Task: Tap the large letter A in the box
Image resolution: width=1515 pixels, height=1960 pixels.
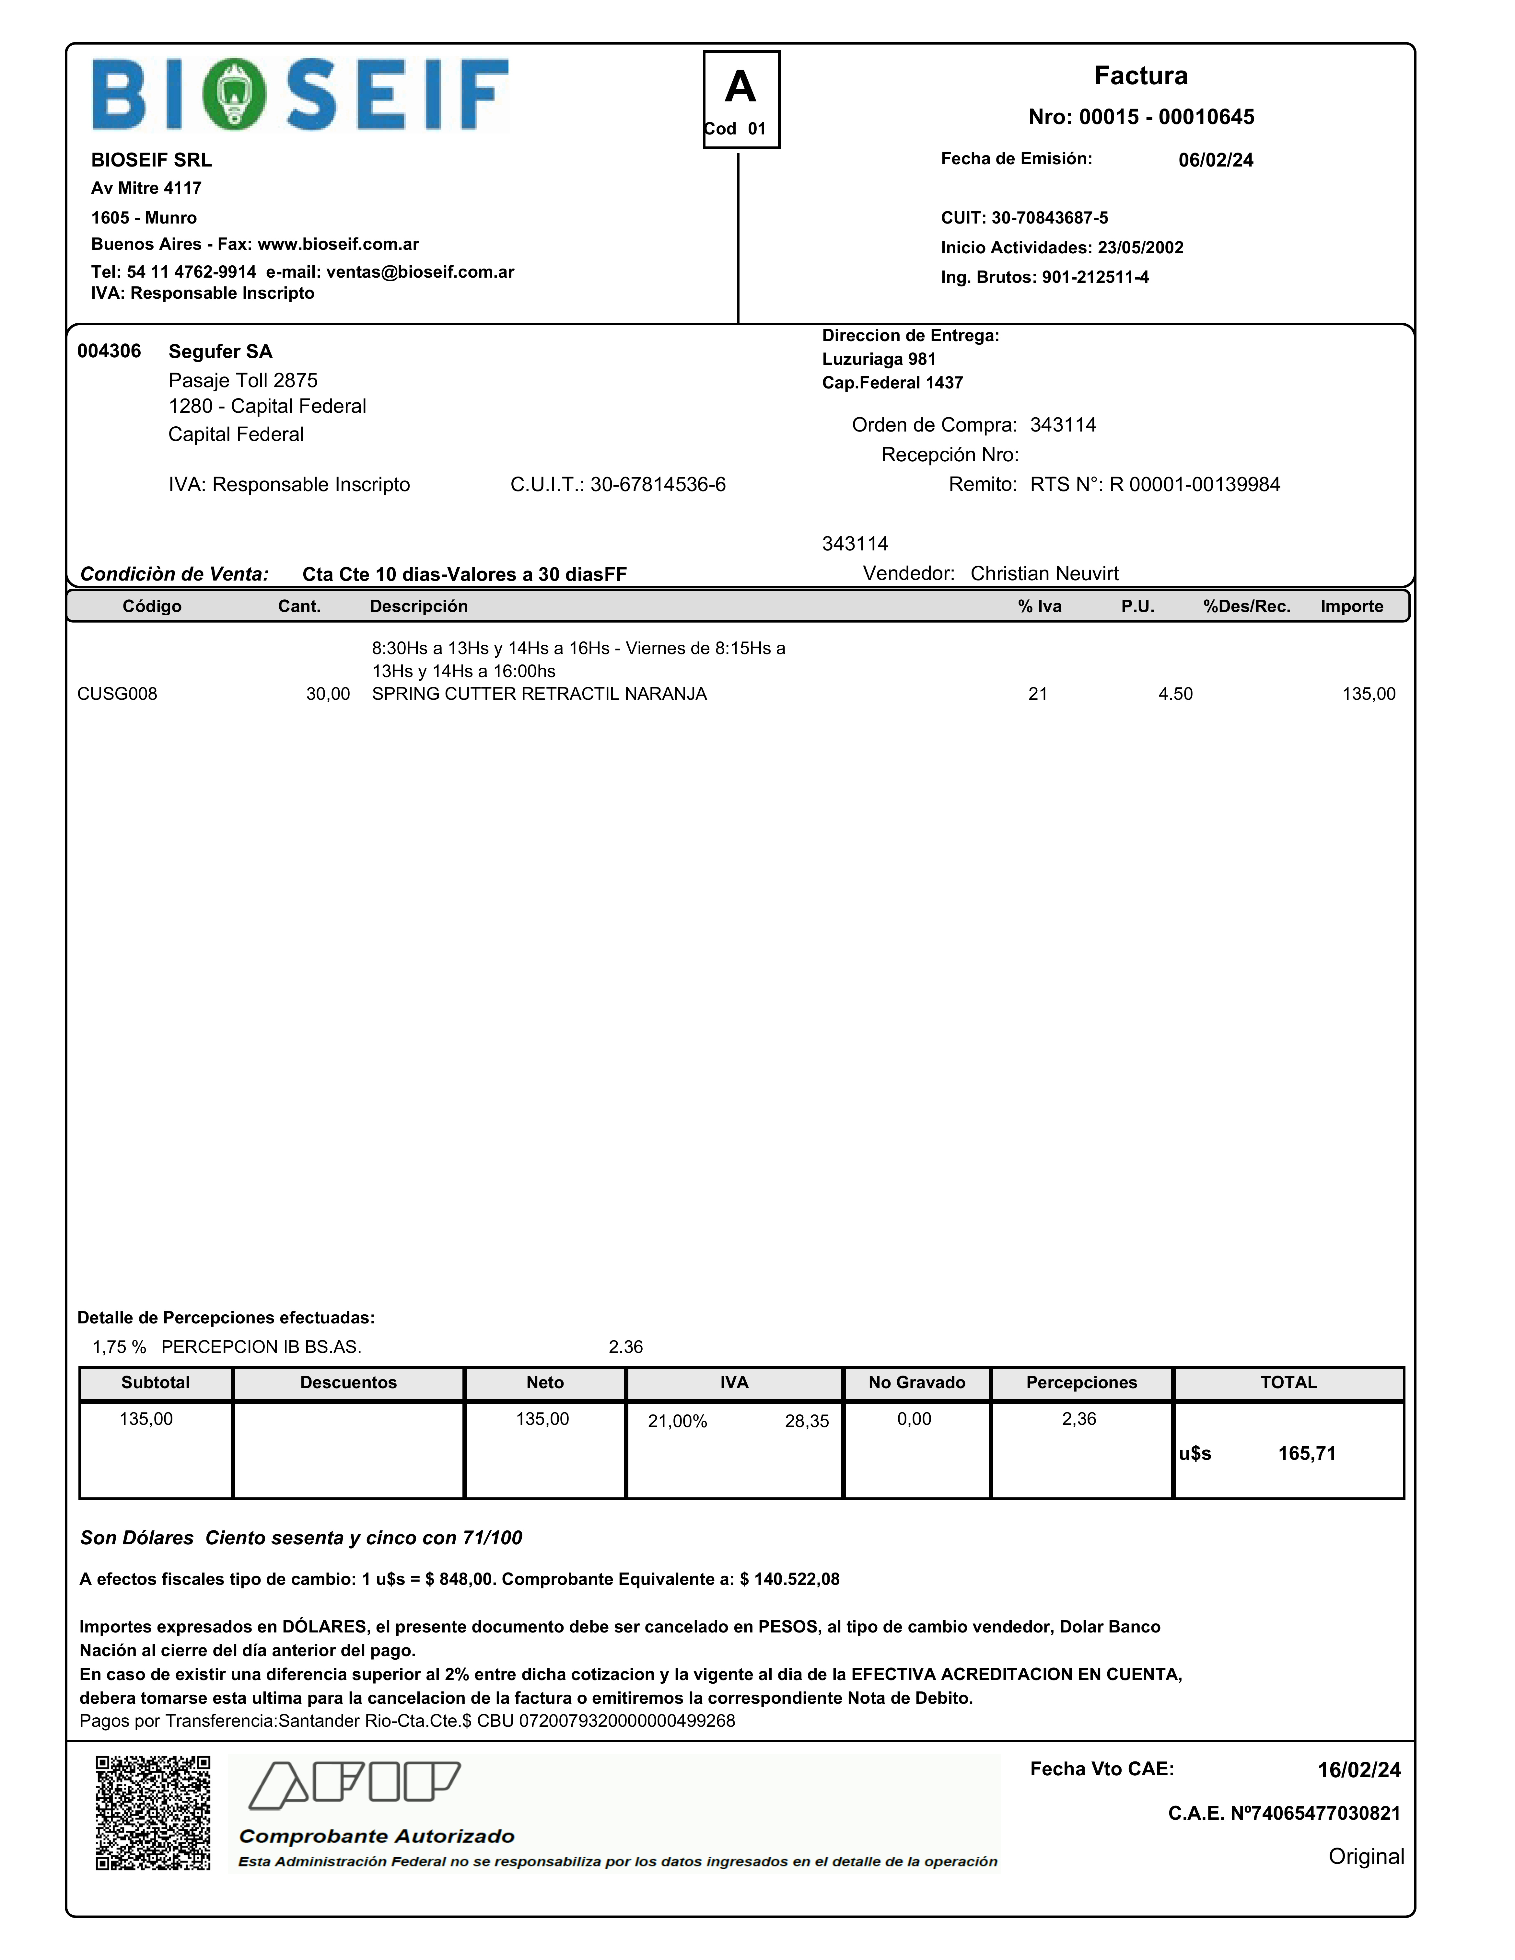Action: tap(740, 87)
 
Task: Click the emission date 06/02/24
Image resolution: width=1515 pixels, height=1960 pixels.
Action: tap(1215, 160)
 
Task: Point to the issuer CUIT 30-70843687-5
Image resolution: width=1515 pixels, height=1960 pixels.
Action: tap(1049, 218)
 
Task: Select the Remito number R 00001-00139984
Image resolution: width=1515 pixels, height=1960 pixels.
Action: tap(1195, 485)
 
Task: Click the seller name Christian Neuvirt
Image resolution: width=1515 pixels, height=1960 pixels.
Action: tap(1044, 573)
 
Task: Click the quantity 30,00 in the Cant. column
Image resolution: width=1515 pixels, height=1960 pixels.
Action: tap(328, 694)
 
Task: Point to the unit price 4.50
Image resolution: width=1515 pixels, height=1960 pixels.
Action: tap(1175, 694)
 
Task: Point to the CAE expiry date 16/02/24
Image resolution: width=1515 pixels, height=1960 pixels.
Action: tap(1358, 1770)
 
